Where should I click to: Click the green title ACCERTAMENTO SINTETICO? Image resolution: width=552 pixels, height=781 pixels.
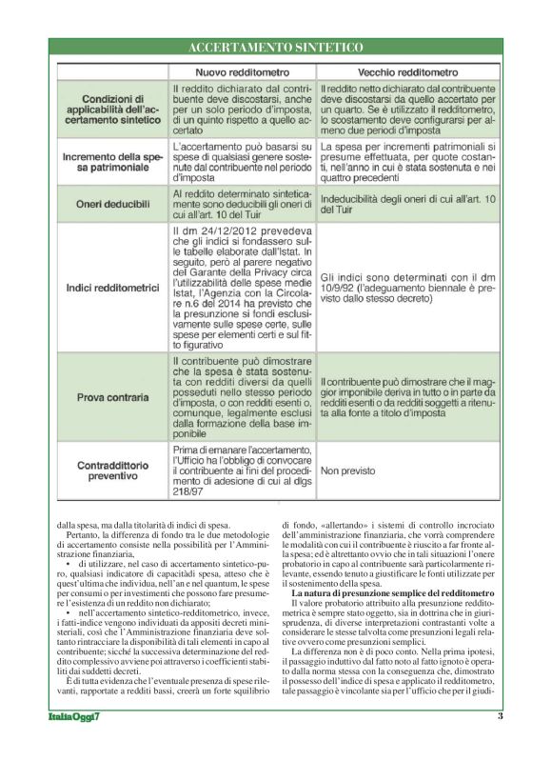(276, 47)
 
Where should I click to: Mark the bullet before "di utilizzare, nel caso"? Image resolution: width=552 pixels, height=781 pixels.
(68, 566)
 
